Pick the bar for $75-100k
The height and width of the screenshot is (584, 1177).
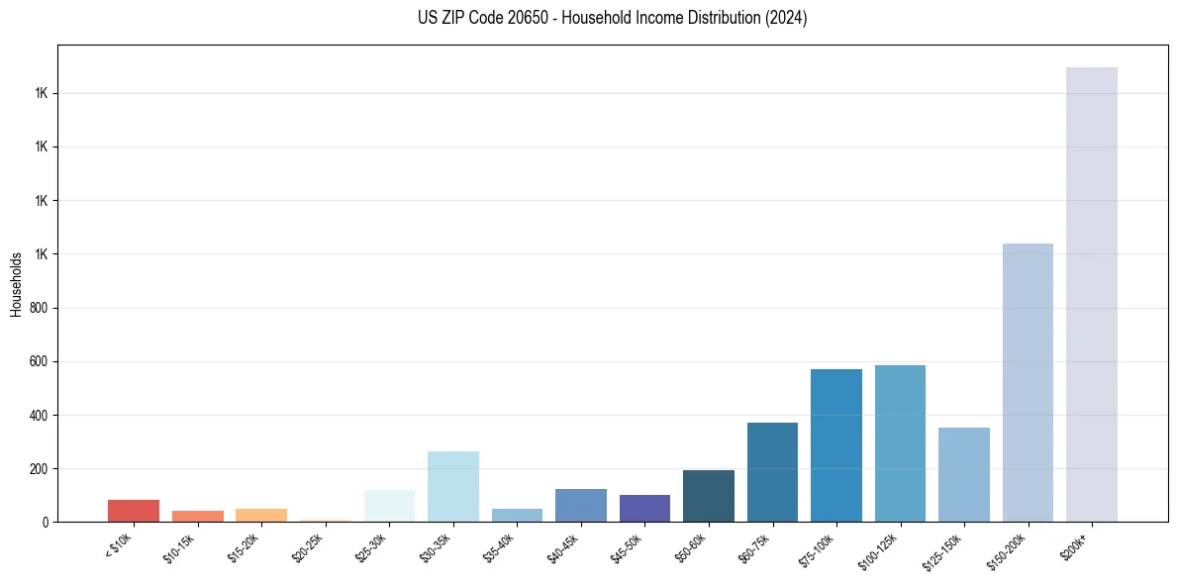click(x=835, y=445)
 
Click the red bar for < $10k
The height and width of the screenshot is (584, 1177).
click(x=134, y=511)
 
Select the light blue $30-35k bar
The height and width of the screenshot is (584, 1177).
click(x=453, y=486)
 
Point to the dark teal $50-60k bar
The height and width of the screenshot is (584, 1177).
click(x=709, y=496)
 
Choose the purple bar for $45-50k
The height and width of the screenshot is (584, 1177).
click(x=644, y=508)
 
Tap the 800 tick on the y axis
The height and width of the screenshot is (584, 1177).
click(x=40, y=308)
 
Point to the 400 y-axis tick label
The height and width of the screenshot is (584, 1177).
click(x=40, y=415)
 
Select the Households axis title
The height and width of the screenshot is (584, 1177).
click(x=16, y=284)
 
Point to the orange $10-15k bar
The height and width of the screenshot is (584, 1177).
click(x=197, y=516)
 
